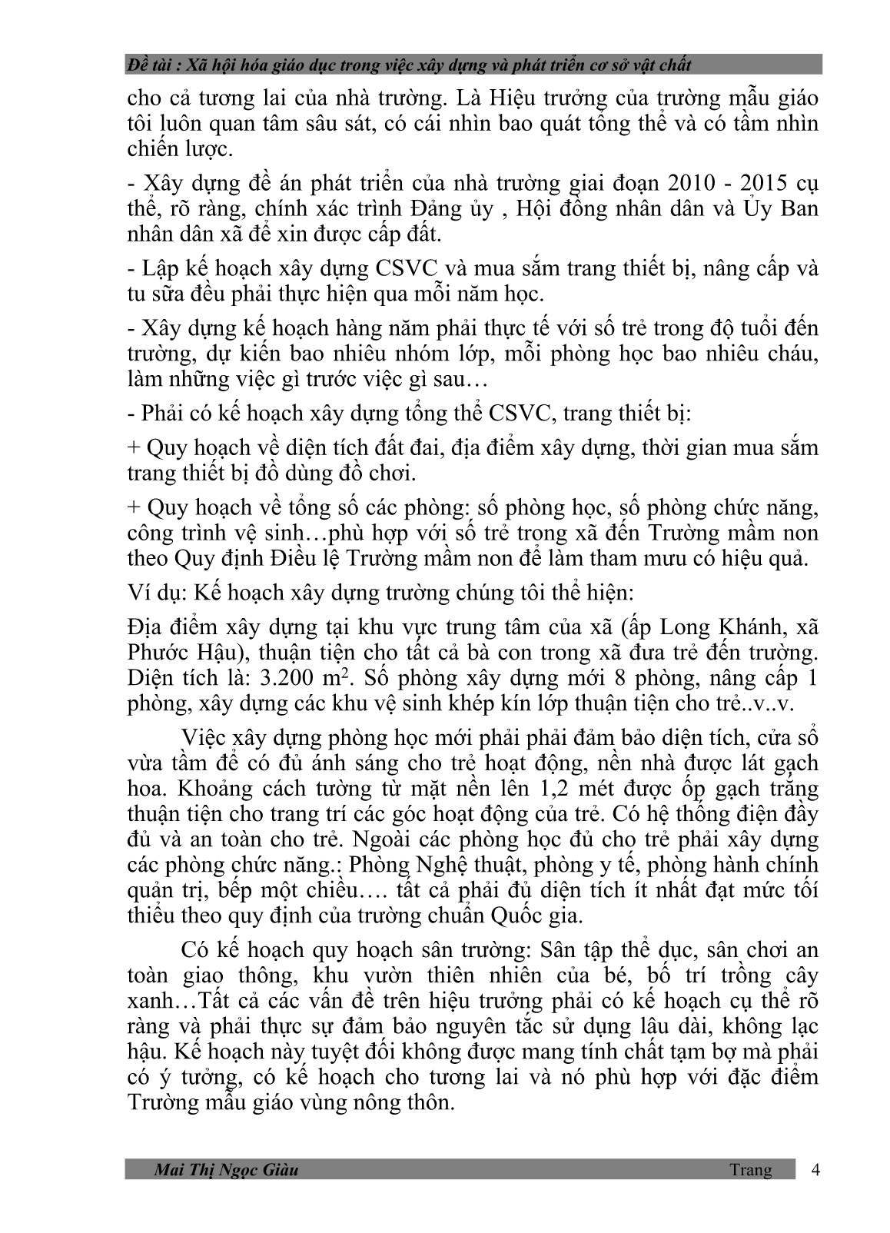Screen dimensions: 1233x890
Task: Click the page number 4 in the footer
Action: [x=815, y=1170]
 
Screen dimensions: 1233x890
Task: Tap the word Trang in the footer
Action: [x=750, y=1170]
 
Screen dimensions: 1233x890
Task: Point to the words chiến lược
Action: [x=178, y=150]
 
